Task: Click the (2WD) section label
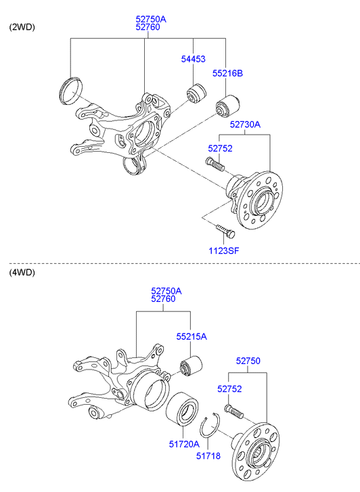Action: [x=22, y=27]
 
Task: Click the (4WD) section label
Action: [x=22, y=272]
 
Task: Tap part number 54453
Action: [x=193, y=59]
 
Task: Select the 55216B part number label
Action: [x=227, y=73]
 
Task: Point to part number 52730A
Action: [x=245, y=125]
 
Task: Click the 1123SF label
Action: [x=224, y=250]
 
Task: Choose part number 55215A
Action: [x=192, y=336]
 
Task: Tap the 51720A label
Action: [x=184, y=444]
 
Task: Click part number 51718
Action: [x=208, y=455]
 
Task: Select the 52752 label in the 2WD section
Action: [x=220, y=148]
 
